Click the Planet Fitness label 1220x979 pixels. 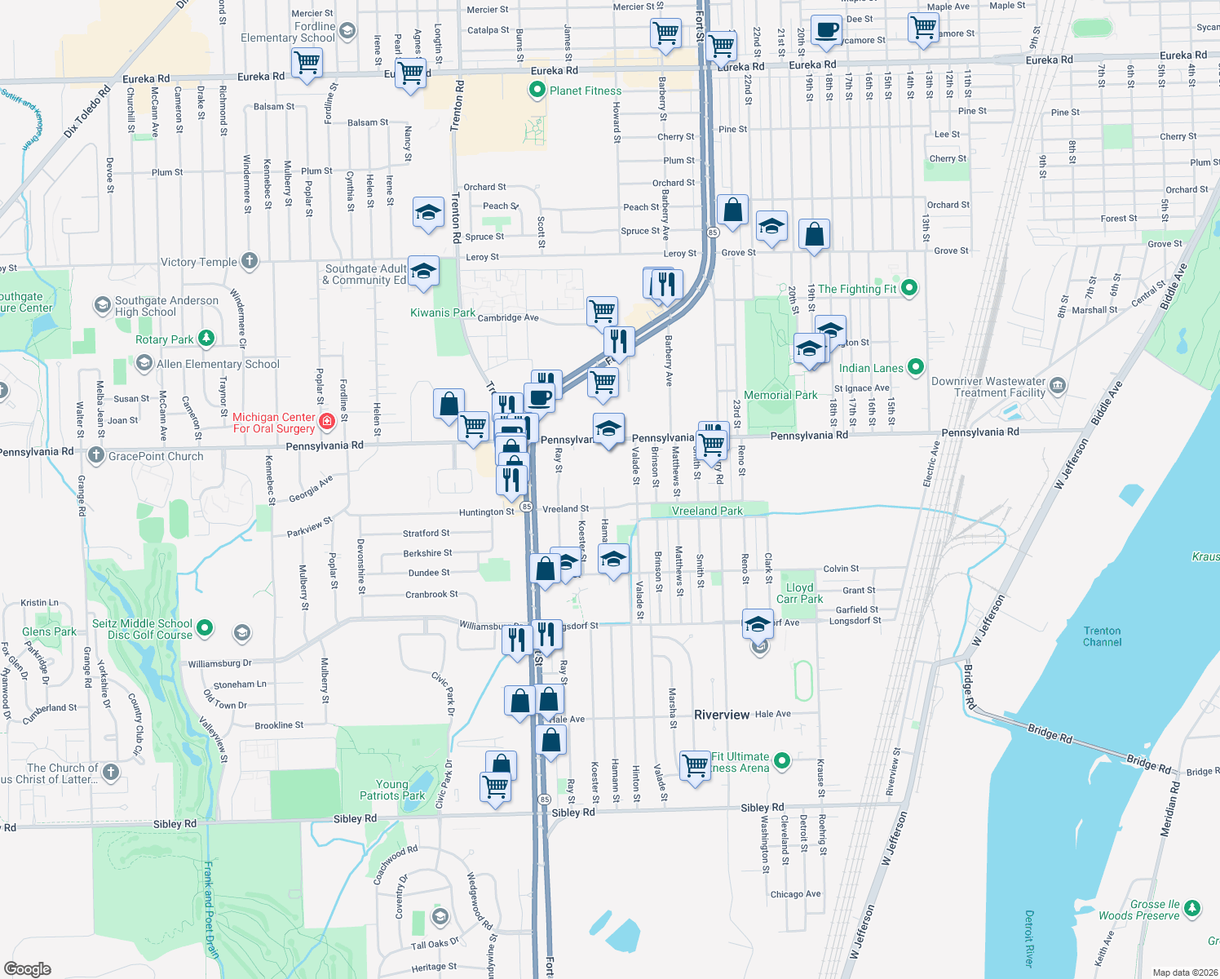(585, 91)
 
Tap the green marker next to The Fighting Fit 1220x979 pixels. (909, 288)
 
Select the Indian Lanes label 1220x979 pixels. (871, 368)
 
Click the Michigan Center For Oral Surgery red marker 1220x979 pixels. (326, 422)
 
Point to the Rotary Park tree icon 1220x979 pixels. (206, 339)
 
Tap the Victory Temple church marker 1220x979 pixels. (250, 261)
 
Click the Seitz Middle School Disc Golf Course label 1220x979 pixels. (142, 629)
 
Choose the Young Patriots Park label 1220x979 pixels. (392, 790)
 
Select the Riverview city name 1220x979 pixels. (721, 715)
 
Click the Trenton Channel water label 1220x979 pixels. (1102, 636)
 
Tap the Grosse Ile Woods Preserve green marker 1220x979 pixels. (1191, 908)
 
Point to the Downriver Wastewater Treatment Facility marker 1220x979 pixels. (1058, 386)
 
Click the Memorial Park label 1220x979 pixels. (780, 395)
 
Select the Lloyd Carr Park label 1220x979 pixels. (799, 593)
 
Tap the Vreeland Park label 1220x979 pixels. (707, 511)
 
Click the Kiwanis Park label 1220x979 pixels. (442, 312)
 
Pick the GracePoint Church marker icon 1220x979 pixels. (96, 455)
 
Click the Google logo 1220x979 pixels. (28, 968)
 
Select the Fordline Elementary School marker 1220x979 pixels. (347, 32)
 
